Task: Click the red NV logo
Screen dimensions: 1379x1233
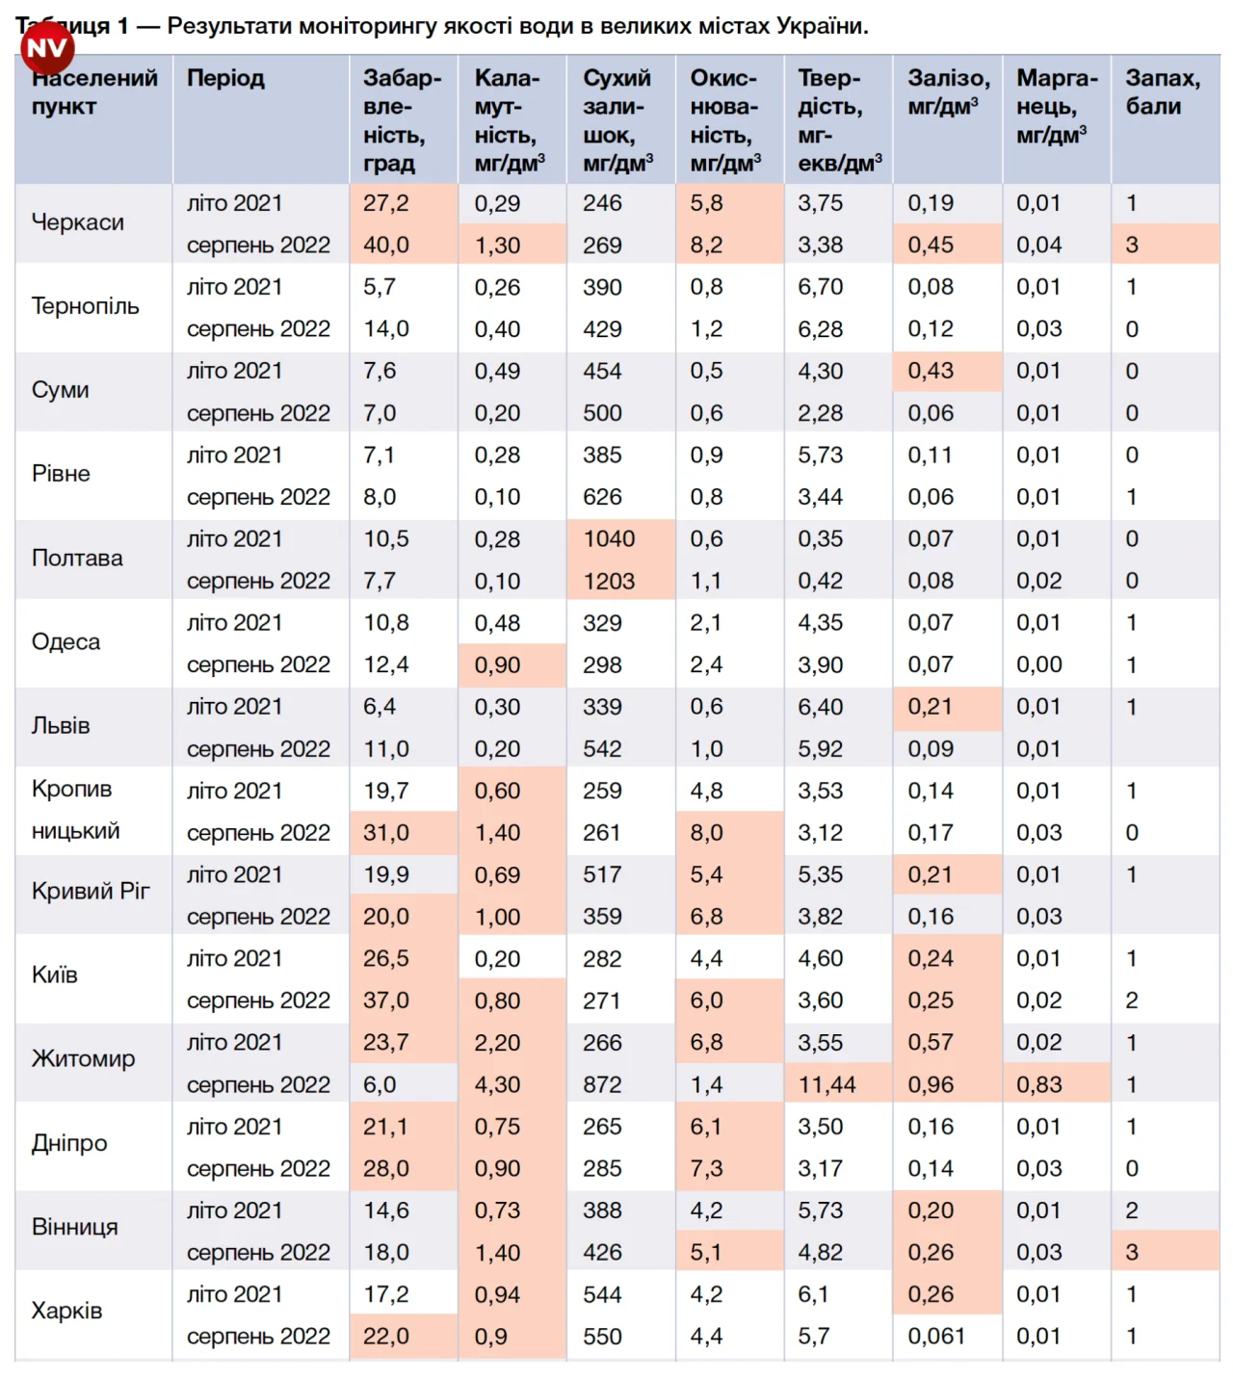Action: pos(47,47)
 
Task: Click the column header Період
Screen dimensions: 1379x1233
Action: pos(225,78)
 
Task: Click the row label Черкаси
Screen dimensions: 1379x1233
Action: pos(78,222)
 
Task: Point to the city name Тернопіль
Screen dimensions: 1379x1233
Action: pos(86,306)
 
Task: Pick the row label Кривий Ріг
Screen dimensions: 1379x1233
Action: pos(91,891)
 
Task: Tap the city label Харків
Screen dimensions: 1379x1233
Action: pos(66,1311)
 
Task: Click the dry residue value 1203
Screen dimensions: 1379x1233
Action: pos(609,581)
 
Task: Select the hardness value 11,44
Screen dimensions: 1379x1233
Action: pos(826,1084)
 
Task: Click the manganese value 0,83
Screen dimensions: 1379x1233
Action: pos(1039,1084)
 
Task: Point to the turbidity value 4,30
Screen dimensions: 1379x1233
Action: pos(497,1084)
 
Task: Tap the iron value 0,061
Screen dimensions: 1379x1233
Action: pos(936,1337)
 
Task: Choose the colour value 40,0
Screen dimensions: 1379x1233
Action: pos(386,246)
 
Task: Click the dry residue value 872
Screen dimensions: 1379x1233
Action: pos(602,1084)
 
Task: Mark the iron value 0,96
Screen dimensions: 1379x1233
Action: pos(931,1084)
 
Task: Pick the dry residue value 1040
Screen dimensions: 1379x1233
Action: pos(609,539)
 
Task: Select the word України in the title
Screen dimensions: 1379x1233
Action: pos(828,26)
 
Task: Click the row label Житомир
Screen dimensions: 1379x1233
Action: pos(83,1059)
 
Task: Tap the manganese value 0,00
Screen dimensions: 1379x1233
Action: pos(1039,664)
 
